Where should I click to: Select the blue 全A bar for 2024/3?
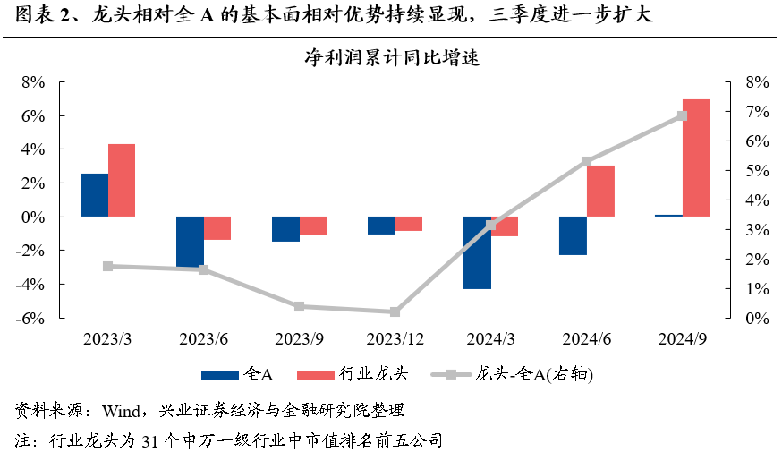tap(476, 252)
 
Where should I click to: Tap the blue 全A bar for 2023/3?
tap(94, 195)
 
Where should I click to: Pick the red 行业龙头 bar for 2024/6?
tap(600, 191)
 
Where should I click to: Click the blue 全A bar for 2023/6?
tap(190, 242)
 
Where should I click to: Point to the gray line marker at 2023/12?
tap(395, 312)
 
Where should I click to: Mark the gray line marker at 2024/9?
tap(682, 115)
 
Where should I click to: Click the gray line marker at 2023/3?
tap(107, 266)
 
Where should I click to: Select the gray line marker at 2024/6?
tap(586, 162)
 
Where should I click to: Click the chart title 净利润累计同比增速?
tap(390, 59)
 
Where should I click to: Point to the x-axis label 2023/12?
tap(395, 339)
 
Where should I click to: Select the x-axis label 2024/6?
tap(586, 339)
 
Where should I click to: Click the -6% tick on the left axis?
tap(32, 318)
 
